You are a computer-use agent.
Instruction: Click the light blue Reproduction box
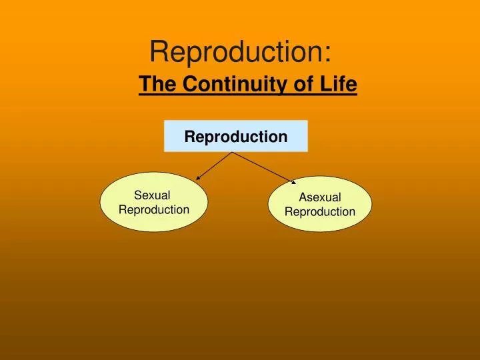click(236, 136)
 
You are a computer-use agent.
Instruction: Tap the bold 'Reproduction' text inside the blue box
click(236, 137)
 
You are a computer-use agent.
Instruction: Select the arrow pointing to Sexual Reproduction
click(214, 165)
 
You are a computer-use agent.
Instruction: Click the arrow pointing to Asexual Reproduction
click(263, 167)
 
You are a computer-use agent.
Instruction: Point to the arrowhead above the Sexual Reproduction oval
click(199, 177)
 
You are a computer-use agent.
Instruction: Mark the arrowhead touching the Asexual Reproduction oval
click(293, 181)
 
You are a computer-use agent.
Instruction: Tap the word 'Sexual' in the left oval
click(152, 195)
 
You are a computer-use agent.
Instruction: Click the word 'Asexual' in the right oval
click(319, 197)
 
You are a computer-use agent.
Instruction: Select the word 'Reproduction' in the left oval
click(154, 210)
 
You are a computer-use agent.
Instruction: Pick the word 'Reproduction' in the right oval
click(319, 212)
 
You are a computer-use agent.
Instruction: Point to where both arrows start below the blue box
click(232, 153)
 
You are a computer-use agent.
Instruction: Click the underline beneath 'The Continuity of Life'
click(248, 95)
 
